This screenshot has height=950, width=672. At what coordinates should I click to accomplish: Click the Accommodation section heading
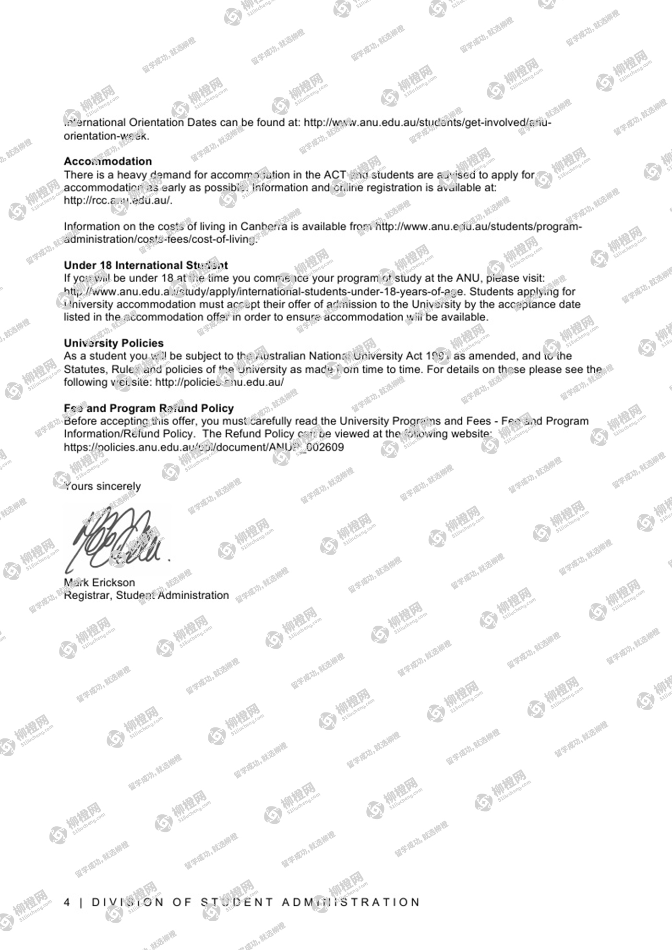(108, 161)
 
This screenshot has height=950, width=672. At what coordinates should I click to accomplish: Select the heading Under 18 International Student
(145, 265)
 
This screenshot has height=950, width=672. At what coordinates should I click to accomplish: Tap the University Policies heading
(113, 343)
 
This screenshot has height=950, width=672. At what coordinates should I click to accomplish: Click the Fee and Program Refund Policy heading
(148, 408)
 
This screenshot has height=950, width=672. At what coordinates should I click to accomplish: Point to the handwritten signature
(118, 540)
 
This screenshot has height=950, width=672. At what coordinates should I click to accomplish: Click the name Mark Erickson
(99, 582)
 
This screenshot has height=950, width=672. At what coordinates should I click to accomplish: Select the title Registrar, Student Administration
(146, 595)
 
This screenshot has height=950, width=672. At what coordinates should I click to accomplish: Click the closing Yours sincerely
(103, 486)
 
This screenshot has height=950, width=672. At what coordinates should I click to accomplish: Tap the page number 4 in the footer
(67, 902)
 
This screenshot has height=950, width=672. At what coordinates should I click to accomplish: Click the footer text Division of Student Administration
(255, 902)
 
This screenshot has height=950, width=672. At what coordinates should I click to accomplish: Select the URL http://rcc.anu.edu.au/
(118, 201)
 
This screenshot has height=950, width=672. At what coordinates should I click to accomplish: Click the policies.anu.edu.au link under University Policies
(219, 382)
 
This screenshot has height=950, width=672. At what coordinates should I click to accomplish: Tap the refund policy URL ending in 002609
(204, 447)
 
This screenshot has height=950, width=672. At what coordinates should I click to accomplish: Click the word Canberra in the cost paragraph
(264, 226)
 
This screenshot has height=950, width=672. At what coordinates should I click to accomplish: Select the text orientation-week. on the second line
(107, 136)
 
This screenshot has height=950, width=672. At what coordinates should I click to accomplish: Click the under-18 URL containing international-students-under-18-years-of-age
(264, 291)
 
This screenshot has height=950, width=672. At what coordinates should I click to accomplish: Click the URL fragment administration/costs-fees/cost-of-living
(161, 239)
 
